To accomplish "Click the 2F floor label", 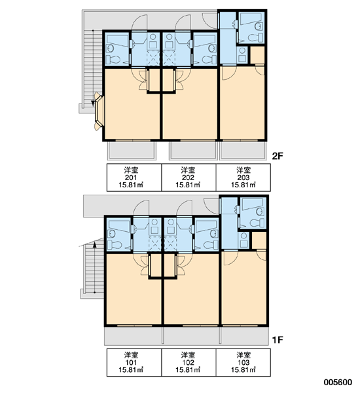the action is pyautogui.click(x=278, y=156).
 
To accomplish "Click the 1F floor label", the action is pyautogui.click(x=278, y=340).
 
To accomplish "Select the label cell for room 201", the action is pyautogui.click(x=134, y=178).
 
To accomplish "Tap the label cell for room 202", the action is pyautogui.click(x=189, y=178).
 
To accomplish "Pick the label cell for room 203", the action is pyautogui.click(x=243, y=178).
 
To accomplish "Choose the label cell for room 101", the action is pyautogui.click(x=134, y=362).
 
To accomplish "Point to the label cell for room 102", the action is pyautogui.click(x=189, y=362).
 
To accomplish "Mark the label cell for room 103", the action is pyautogui.click(x=243, y=362).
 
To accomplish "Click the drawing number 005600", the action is pyautogui.click(x=338, y=383).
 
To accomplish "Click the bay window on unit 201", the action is pyautogui.click(x=98, y=111).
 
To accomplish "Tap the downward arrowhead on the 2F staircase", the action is pyautogui.click(x=93, y=103).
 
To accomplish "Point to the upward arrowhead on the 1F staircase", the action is pyautogui.click(x=94, y=244).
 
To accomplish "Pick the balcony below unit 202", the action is pyautogui.click(x=192, y=151).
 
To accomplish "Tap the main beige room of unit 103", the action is pyautogui.click(x=243, y=288).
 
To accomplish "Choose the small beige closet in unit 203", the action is pyautogui.click(x=257, y=55).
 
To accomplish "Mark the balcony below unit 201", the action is pyautogui.click(x=132, y=151).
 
